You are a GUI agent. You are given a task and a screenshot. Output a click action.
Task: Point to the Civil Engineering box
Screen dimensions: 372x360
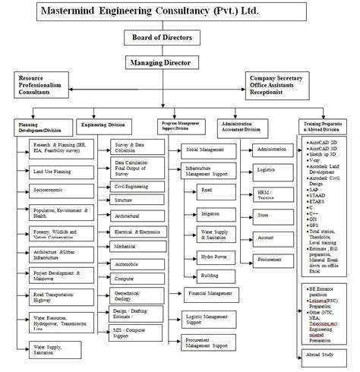click(x=138, y=186)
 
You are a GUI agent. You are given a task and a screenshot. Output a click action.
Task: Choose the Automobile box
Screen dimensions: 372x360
click(x=138, y=262)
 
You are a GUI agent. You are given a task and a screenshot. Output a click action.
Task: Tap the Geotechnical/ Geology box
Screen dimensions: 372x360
click(x=138, y=297)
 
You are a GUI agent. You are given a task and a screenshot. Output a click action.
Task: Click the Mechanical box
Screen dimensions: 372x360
click(x=138, y=246)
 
